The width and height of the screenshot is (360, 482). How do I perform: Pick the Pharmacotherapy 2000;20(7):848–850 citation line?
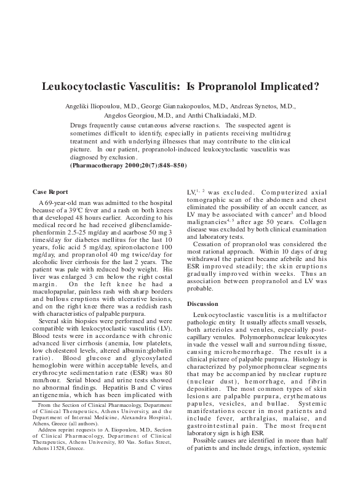128,166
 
